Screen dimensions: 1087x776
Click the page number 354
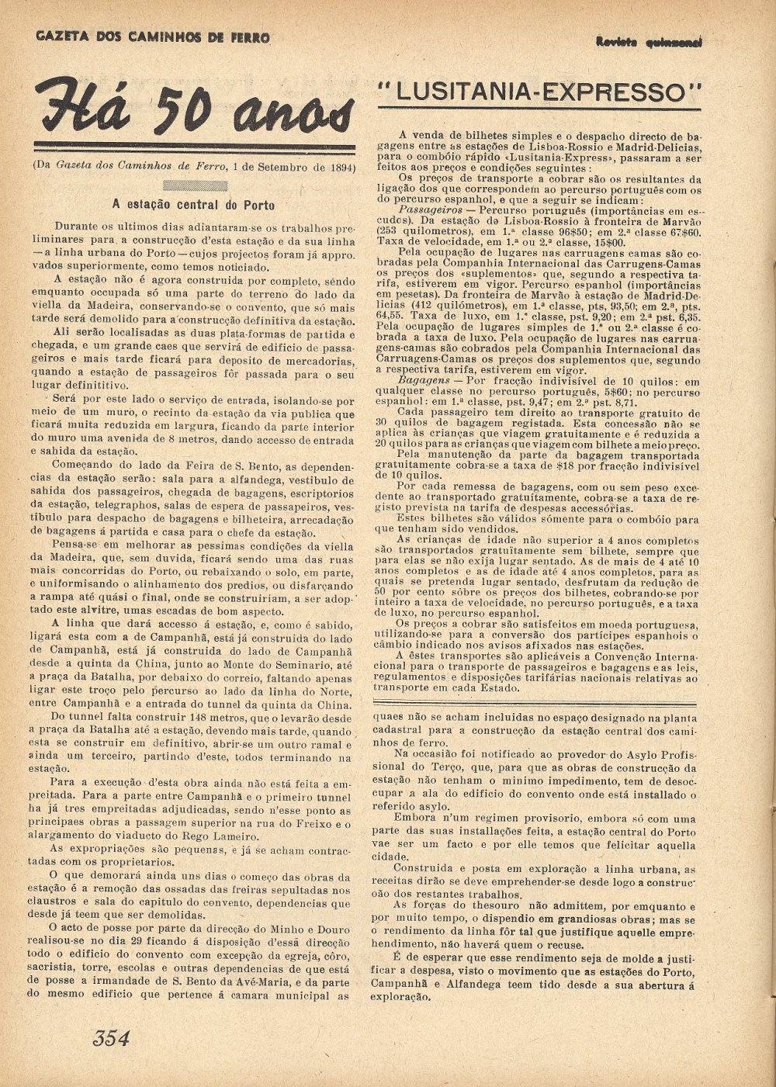[x=111, y=1038]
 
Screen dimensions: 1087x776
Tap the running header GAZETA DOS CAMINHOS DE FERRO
[x=153, y=37]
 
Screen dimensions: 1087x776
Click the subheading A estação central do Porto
[x=193, y=205]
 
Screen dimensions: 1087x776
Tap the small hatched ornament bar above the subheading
[x=195, y=185]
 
